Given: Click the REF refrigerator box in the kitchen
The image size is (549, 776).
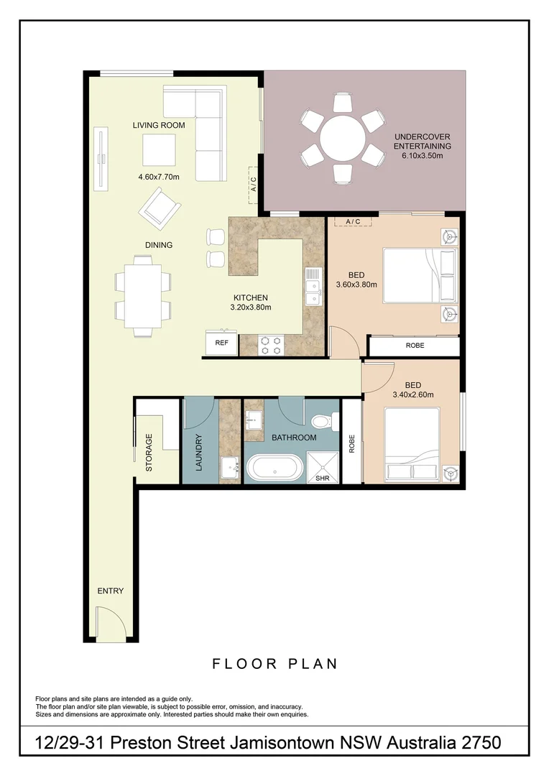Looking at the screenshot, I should (x=222, y=343).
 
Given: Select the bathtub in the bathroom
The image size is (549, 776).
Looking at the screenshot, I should (x=275, y=468).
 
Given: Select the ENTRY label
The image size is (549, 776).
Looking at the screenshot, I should (x=111, y=591).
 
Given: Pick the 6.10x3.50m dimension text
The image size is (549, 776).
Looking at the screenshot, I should (x=423, y=156).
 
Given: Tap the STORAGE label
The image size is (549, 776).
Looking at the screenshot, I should (x=149, y=452).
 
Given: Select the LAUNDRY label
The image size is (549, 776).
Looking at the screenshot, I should (x=199, y=453).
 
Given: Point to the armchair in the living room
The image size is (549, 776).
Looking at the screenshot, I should (x=162, y=207).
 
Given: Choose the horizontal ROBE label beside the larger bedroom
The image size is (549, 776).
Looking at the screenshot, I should (x=415, y=346).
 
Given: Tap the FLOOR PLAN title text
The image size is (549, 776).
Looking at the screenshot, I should (x=274, y=664).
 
